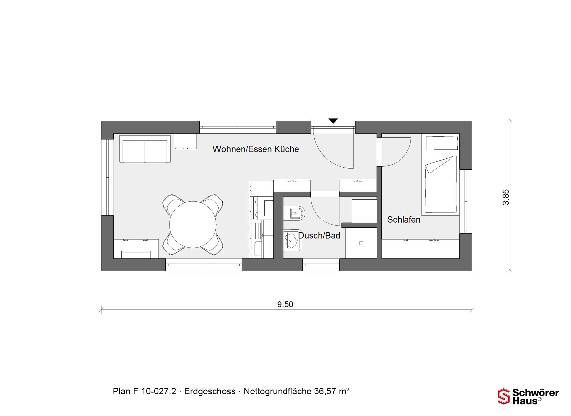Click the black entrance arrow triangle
tap(333, 121)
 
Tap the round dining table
tap(193, 224)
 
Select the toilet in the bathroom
tap(294, 213)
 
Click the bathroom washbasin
tap(292, 240)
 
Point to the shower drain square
tap(361, 243)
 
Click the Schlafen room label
tap(404, 220)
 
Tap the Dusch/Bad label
tap(319, 236)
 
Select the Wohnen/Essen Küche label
tap(256, 149)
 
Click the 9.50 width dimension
tap(285, 304)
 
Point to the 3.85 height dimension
tap(506, 197)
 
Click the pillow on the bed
tap(442, 143)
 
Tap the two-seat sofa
tap(145, 149)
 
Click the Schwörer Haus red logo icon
tap(503, 396)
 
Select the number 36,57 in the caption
tap(325, 391)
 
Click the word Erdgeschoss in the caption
tap(210, 391)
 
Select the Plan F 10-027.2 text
tap(145, 391)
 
